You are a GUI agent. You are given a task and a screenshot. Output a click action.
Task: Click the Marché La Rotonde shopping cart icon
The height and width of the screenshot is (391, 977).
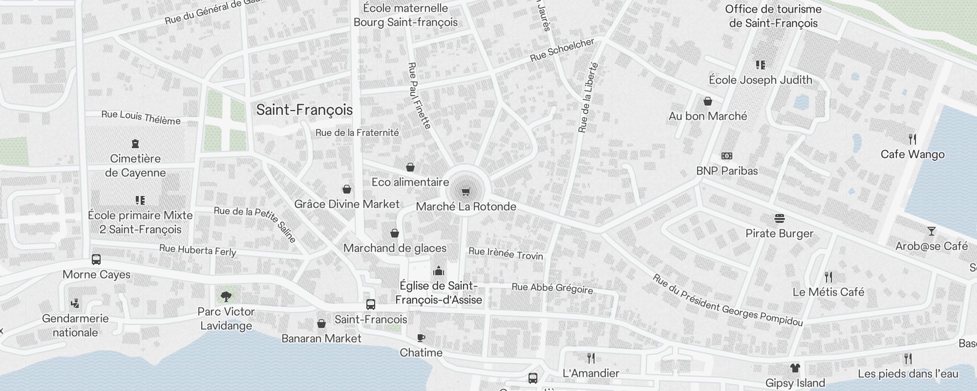point(466,191)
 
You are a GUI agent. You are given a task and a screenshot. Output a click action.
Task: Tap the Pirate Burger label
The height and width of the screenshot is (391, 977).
point(779,234)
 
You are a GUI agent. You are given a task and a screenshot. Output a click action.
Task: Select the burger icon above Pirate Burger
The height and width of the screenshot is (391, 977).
point(779,218)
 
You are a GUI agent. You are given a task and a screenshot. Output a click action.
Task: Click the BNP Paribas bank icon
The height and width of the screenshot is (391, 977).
point(727,156)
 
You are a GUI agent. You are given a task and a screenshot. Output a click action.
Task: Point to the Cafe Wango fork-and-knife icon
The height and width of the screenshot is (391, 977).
point(913,139)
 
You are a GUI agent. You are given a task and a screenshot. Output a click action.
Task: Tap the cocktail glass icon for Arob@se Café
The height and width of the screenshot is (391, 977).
point(932,231)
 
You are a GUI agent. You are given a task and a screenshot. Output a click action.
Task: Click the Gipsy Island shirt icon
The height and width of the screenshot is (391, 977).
point(795,368)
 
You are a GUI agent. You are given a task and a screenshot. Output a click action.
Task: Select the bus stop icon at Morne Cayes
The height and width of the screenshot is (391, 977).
point(96,260)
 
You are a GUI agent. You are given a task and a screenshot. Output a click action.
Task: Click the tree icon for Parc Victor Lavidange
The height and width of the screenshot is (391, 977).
point(226,296)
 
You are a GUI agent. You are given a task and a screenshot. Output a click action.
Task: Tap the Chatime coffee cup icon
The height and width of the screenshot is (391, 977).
point(421,338)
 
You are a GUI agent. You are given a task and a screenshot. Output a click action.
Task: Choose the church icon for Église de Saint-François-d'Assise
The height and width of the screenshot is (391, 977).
point(438,270)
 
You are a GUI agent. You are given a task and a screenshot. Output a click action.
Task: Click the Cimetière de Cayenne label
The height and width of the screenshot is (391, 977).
point(135,166)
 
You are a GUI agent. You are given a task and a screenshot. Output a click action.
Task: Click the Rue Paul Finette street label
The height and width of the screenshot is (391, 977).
point(419,95)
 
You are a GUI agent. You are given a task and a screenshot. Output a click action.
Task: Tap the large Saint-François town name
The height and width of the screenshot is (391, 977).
point(304,110)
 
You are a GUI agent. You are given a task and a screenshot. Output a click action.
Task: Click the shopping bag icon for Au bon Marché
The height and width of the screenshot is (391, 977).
point(707,101)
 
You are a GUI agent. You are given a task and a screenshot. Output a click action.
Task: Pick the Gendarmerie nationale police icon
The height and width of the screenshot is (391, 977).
point(75,304)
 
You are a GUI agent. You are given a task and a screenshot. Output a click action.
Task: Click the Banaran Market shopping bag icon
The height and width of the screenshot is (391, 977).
point(321,324)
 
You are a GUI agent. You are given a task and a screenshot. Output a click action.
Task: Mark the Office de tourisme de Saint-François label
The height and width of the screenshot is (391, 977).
point(773,16)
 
